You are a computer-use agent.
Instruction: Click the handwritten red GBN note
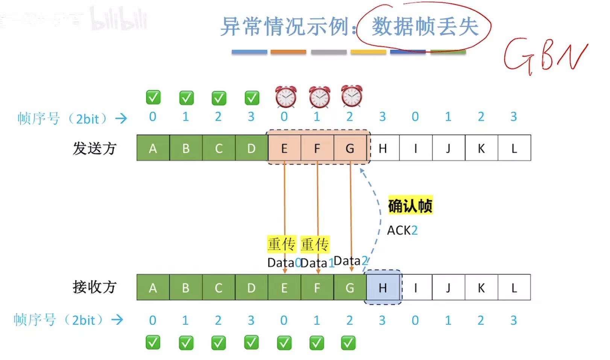click(545, 56)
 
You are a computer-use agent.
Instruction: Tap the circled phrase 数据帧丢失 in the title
click(425, 27)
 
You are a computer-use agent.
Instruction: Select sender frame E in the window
click(284, 148)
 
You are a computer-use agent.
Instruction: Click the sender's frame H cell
click(383, 148)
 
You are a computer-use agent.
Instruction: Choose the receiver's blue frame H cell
click(383, 288)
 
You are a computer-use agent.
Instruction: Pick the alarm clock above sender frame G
click(352, 96)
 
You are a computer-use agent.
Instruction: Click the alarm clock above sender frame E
click(286, 97)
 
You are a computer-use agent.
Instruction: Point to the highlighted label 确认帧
click(410, 206)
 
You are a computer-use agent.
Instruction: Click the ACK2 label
click(402, 230)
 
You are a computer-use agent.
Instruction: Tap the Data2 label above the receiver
click(350, 261)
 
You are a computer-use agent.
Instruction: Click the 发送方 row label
click(94, 148)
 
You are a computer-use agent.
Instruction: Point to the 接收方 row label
click(94, 287)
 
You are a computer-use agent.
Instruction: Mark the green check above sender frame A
click(153, 97)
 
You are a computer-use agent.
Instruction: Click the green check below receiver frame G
click(348, 343)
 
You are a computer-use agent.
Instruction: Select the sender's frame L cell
click(514, 148)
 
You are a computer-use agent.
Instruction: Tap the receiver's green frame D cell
click(251, 288)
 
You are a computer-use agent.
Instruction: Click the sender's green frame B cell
click(186, 148)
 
